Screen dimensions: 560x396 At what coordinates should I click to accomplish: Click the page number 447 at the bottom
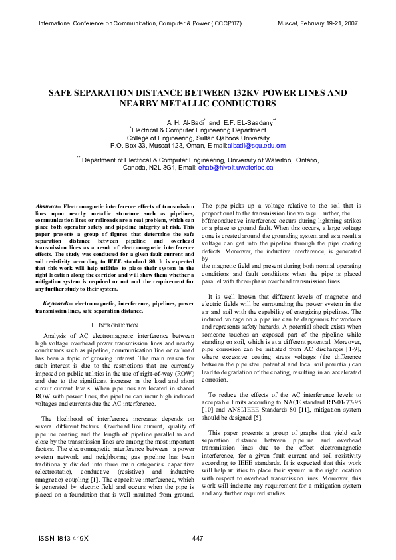tap(198, 538)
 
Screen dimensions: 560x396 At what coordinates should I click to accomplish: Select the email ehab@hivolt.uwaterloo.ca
tap(236, 168)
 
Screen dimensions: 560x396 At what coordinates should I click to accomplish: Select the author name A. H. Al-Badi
tap(184, 123)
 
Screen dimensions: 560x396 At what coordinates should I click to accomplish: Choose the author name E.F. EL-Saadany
tap(246, 123)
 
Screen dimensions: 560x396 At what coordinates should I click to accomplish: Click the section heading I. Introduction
tap(114, 325)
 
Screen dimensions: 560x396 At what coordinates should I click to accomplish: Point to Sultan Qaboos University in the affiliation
tap(234, 138)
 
